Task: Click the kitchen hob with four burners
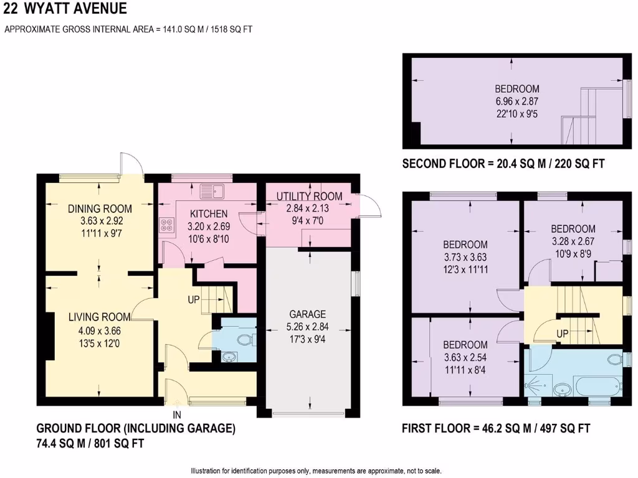click(167, 225)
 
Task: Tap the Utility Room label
click(309, 197)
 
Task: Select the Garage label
click(307, 314)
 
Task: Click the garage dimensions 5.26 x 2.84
click(307, 327)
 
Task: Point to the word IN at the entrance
click(177, 414)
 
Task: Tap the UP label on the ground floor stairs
click(194, 299)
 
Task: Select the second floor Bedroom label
click(517, 89)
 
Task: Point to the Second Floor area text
click(503, 164)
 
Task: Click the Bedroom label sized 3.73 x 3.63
click(465, 245)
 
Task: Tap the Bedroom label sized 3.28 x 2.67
click(573, 228)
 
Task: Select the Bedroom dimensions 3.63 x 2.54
click(465, 357)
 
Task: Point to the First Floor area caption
click(496, 428)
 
